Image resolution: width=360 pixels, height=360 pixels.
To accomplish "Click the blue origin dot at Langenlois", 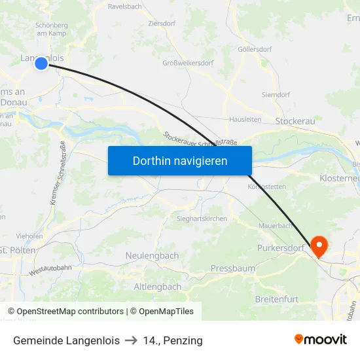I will click(41, 63).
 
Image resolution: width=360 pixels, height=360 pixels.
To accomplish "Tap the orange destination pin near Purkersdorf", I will click(319, 246).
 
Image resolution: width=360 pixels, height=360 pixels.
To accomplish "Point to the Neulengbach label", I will click(152, 255).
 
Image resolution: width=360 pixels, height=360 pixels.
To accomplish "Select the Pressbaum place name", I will click(233, 268).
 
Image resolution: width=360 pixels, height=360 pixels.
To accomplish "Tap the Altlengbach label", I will click(157, 287).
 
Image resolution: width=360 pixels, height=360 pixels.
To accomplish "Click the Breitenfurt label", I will click(276, 299).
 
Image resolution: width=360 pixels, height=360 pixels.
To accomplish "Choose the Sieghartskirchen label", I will click(202, 219).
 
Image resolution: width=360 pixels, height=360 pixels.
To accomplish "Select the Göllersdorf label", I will click(255, 49).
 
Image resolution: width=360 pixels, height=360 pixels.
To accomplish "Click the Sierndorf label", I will click(276, 95).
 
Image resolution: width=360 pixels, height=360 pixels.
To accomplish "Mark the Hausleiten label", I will click(245, 120).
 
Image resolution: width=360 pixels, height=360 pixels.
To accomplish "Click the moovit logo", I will click(321, 340).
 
